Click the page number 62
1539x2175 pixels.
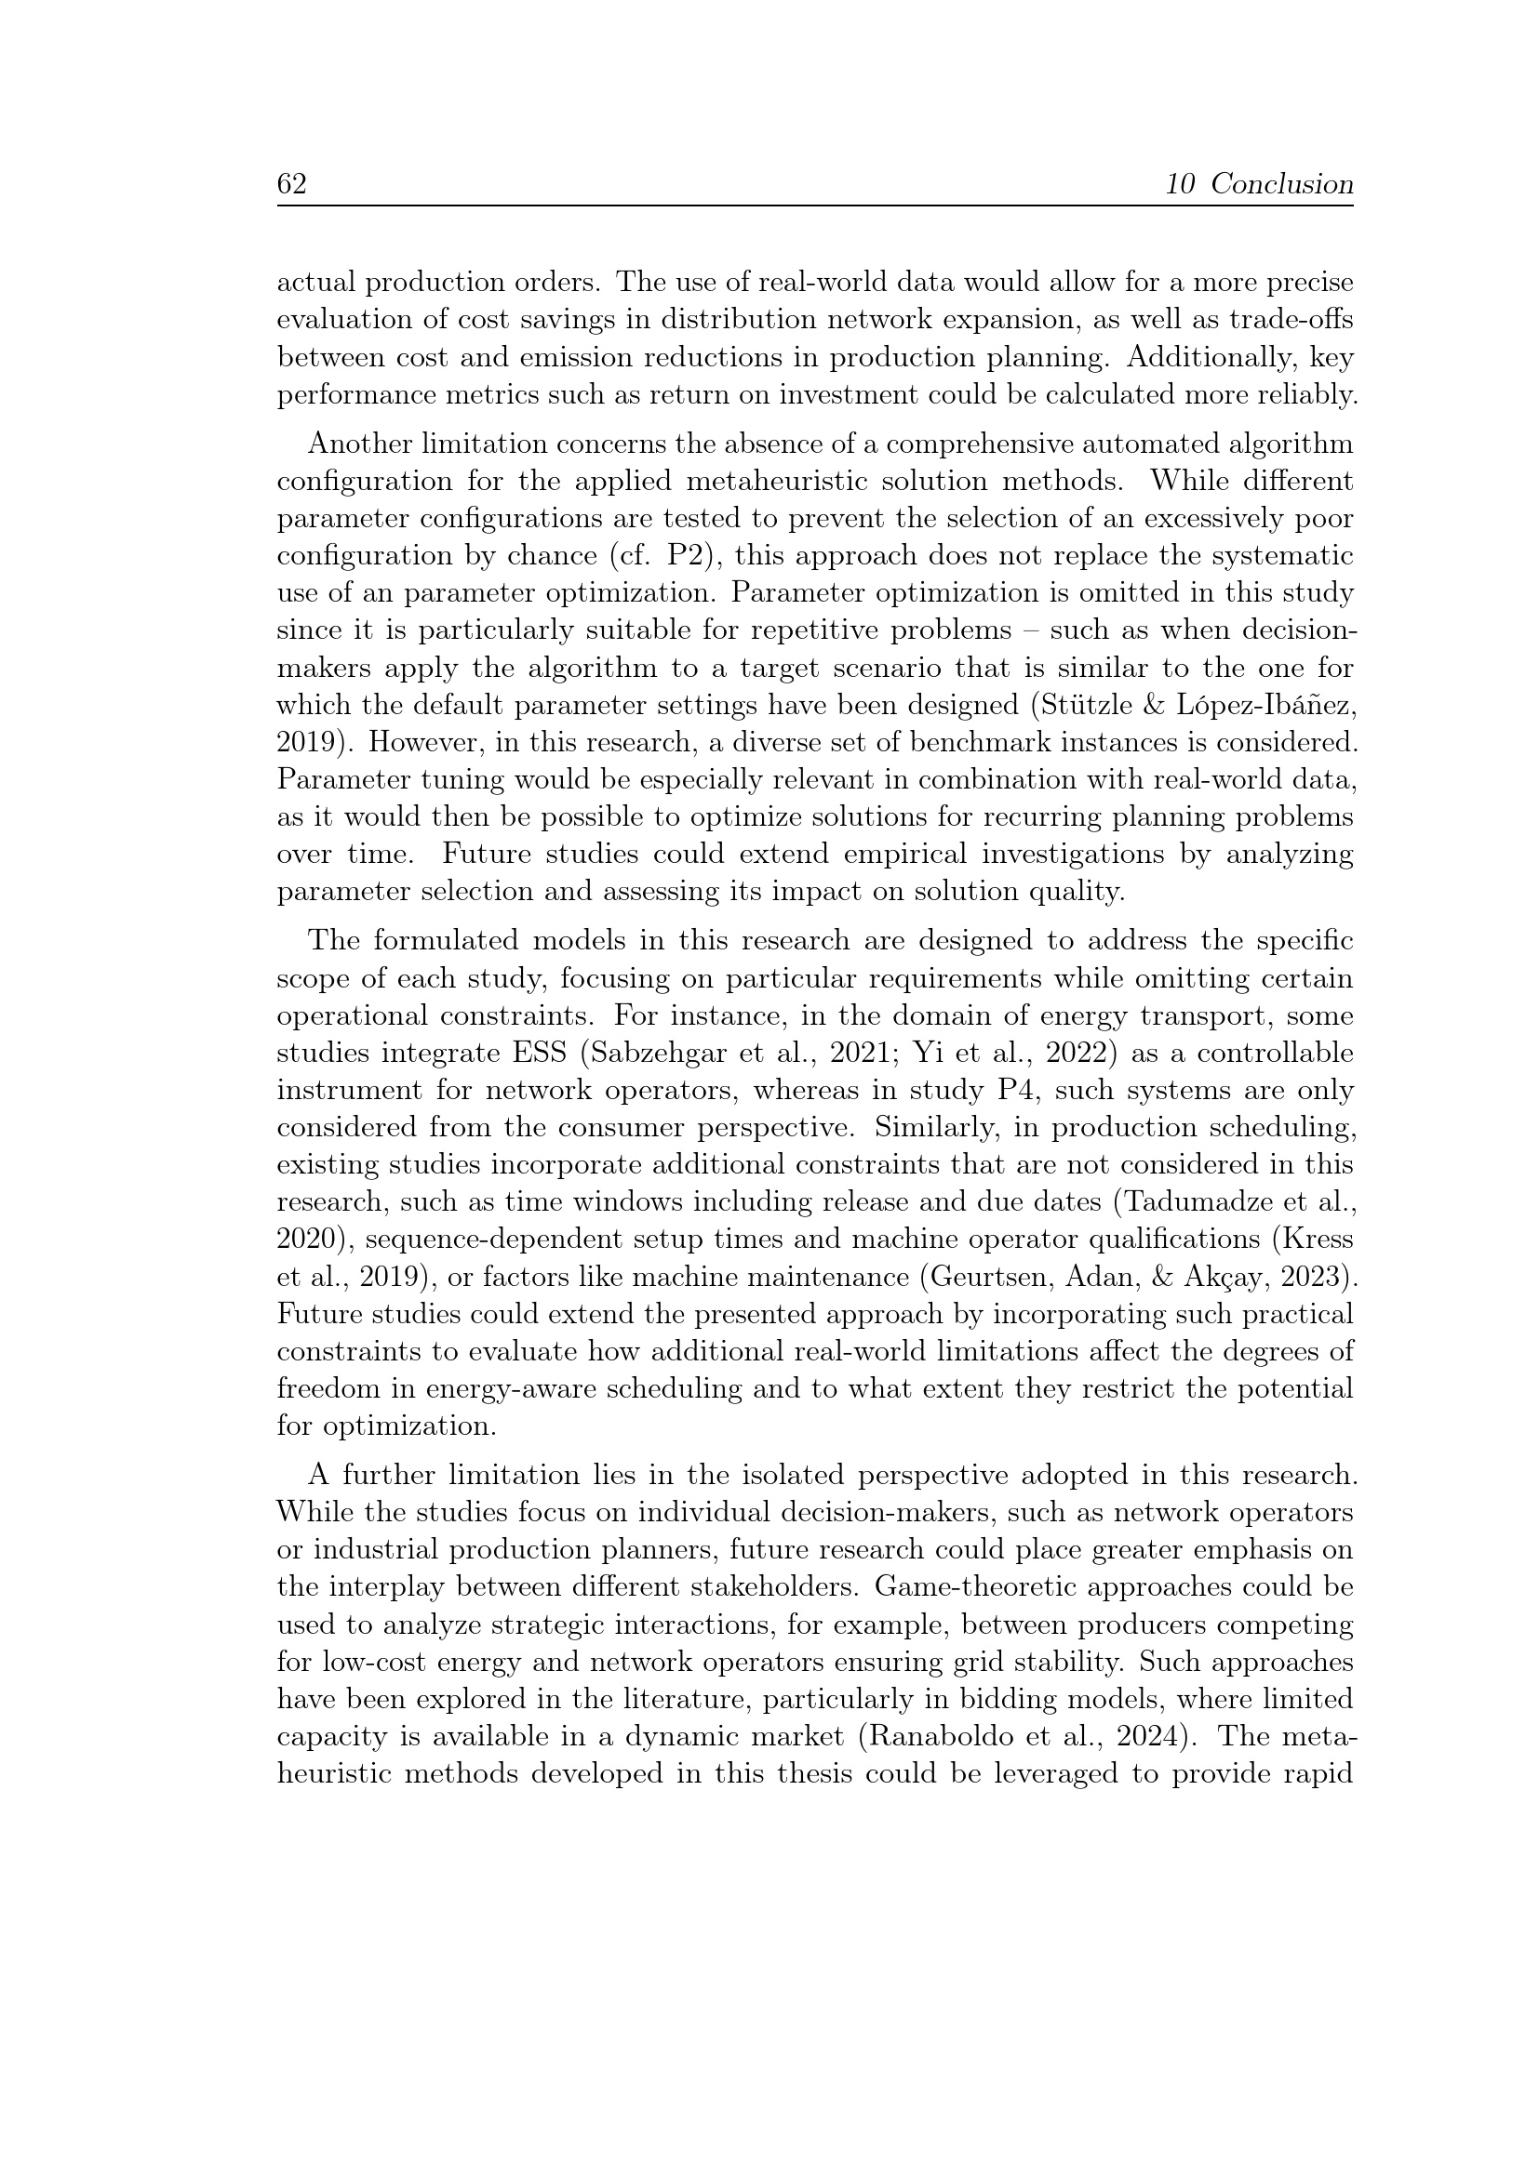point(292,184)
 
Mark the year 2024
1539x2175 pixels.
point(1146,1737)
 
